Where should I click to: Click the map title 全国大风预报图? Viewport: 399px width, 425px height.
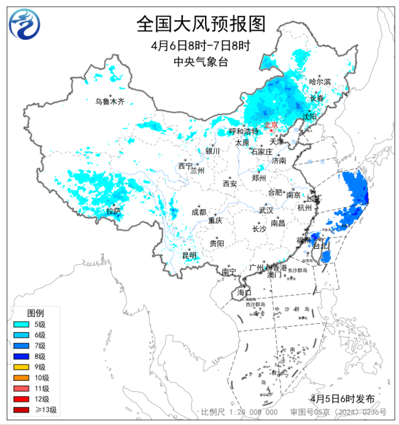click(201, 24)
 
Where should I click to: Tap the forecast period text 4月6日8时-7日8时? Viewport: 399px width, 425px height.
click(201, 46)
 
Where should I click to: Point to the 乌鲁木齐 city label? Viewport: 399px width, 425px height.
click(109, 101)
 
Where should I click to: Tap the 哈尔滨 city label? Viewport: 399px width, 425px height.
click(320, 82)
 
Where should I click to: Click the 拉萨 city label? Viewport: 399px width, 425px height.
click(113, 211)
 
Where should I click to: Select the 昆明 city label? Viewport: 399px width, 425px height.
click(189, 255)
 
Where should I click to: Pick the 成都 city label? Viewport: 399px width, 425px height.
click(199, 212)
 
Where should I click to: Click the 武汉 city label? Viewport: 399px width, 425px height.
click(265, 210)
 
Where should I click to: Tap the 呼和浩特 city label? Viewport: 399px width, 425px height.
click(244, 131)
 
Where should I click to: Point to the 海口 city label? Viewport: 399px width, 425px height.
click(244, 292)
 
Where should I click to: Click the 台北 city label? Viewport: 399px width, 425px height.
click(321, 246)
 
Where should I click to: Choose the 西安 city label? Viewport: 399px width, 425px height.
click(230, 183)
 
